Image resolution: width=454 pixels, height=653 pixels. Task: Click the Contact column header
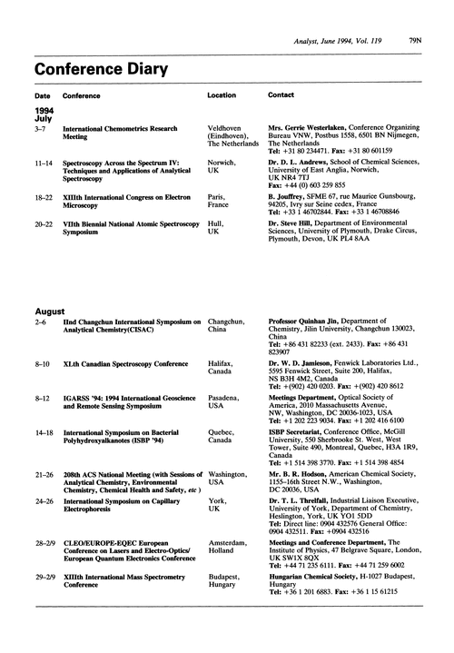pyautogui.click(x=282, y=95)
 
